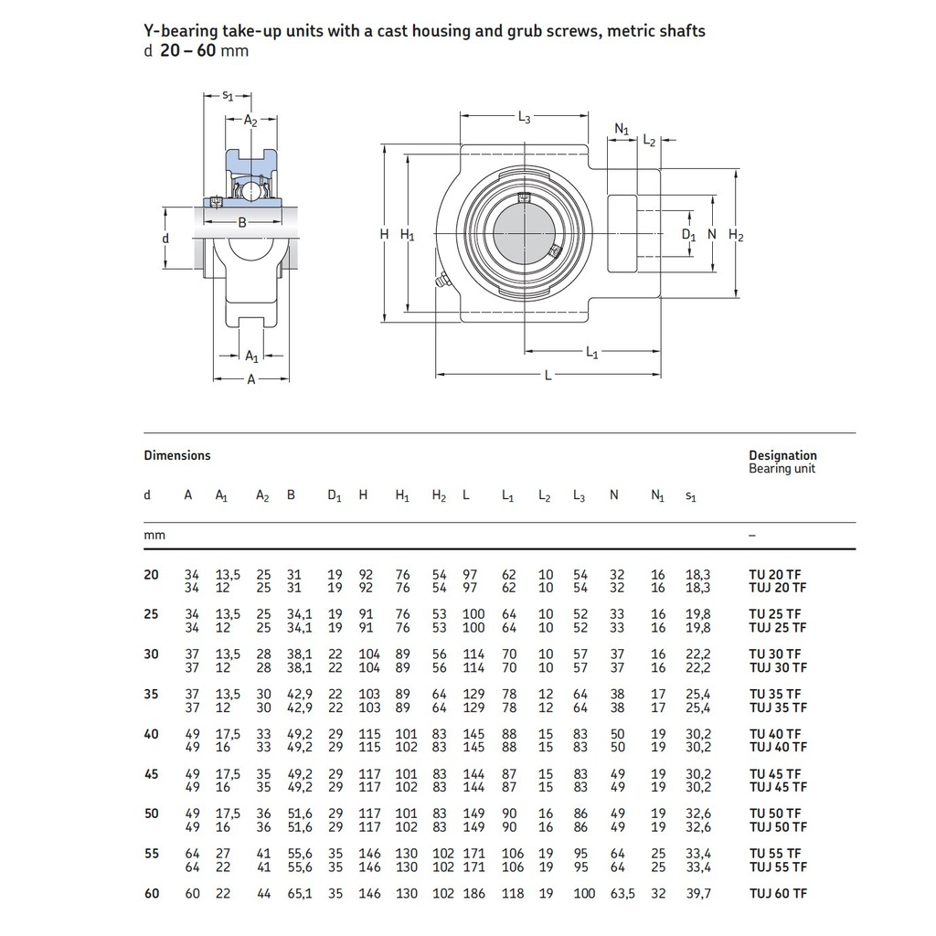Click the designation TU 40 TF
click(x=774, y=734)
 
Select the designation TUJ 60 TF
click(x=778, y=893)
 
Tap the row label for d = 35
click(x=151, y=694)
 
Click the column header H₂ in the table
click(x=439, y=495)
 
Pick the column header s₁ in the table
click(x=690, y=495)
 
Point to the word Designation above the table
click(x=782, y=455)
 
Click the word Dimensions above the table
click(x=176, y=455)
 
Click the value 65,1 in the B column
click(x=299, y=893)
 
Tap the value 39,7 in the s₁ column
click(x=697, y=893)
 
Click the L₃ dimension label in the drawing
click(x=524, y=117)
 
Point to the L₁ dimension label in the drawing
click(x=591, y=353)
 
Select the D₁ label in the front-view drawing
click(x=689, y=235)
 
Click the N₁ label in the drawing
click(x=622, y=130)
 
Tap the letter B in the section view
click(x=242, y=222)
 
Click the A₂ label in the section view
click(x=250, y=120)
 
